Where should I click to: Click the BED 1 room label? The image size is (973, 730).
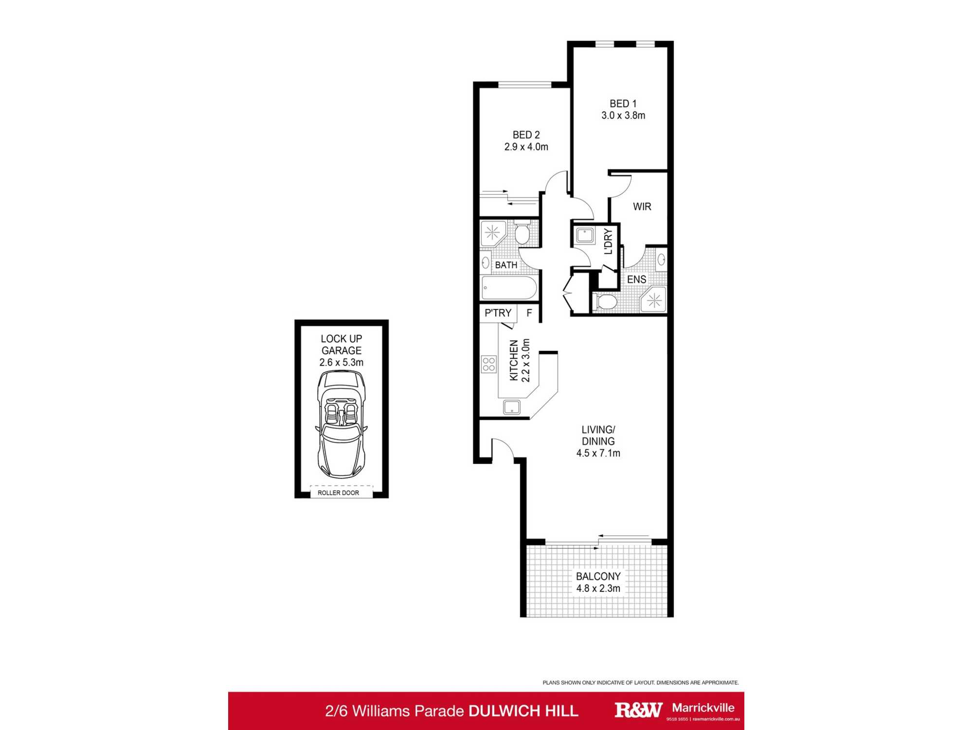623,104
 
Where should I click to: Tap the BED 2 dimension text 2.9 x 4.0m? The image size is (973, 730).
526,147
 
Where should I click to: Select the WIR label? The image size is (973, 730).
642,207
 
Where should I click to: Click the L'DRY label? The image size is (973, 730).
608,241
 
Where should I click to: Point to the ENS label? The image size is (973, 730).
636,280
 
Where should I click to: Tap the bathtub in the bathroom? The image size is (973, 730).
509,288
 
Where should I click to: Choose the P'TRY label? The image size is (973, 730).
498,313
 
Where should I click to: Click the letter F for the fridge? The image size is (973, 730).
529,313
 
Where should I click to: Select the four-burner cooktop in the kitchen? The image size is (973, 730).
489,365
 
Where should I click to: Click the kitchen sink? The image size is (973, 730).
512,407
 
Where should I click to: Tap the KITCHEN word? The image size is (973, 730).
514,360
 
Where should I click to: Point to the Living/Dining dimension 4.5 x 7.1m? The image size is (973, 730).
598,454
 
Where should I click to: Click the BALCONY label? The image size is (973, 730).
598,577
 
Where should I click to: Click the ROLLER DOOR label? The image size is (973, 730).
338,493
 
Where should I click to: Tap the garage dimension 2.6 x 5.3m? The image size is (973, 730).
341,363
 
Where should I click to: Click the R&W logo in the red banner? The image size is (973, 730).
638,710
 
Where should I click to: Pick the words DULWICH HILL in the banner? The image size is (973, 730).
523,711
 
